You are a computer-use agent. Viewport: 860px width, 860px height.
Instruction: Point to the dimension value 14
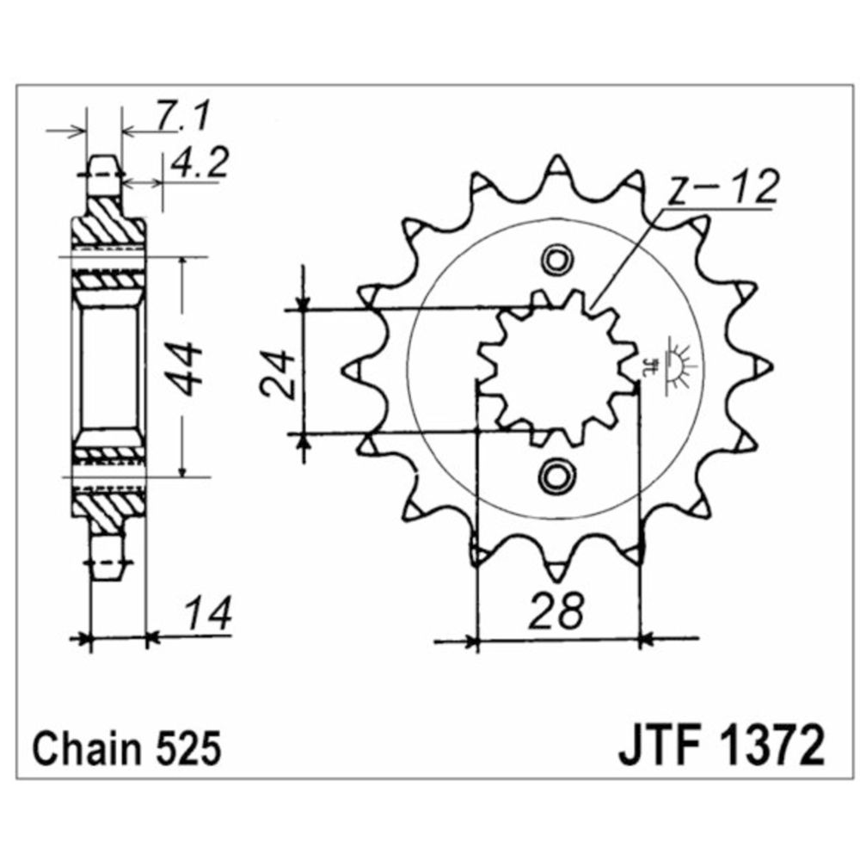tap(206, 615)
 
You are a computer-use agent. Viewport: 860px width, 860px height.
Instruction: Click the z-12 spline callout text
tap(722, 190)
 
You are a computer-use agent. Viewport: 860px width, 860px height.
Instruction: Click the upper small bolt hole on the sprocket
tap(556, 259)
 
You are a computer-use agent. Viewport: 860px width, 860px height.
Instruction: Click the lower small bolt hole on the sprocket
tap(556, 476)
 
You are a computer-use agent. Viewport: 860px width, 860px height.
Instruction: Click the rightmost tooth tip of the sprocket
tap(765, 367)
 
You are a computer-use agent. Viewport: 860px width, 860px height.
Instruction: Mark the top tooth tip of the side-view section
tap(103, 160)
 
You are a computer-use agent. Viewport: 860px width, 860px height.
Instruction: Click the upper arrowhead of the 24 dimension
tap(303, 301)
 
